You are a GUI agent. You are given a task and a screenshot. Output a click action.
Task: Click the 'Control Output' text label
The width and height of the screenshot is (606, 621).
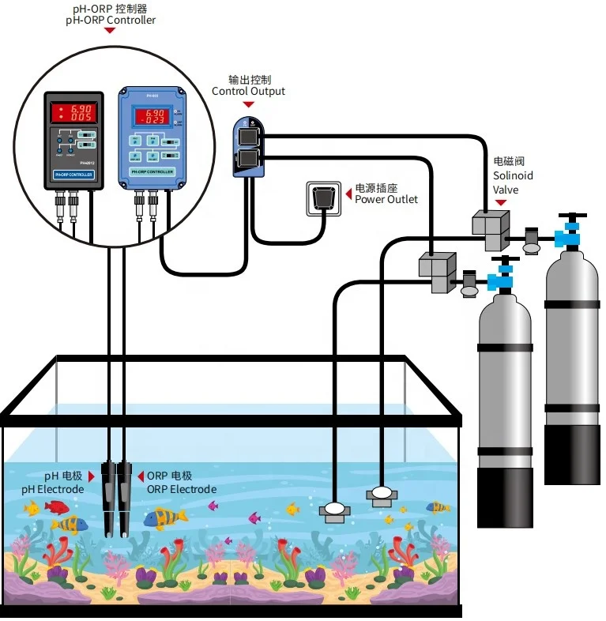[248, 91]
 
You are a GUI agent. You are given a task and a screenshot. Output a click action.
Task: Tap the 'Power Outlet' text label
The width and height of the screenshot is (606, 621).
[386, 199]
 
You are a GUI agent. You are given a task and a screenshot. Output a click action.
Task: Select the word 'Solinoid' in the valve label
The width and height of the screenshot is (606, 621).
[513, 175]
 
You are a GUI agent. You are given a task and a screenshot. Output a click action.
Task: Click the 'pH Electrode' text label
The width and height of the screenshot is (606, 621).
[52, 489]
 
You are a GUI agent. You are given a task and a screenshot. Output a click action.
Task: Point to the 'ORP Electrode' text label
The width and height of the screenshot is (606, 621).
[181, 489]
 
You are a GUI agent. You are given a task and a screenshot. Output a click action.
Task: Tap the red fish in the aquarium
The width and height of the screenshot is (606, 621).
[56, 506]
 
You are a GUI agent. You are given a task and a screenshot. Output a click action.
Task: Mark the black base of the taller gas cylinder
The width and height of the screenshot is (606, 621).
[571, 454]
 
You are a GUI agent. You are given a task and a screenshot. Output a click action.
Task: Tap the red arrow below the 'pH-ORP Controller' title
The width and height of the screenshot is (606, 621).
[110, 31]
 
